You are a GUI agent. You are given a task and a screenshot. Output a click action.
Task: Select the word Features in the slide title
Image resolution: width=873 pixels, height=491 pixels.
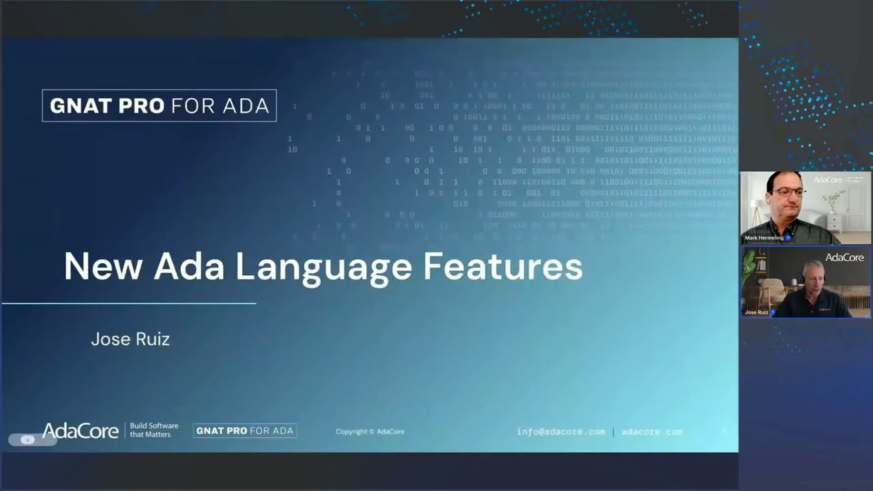tap(503, 267)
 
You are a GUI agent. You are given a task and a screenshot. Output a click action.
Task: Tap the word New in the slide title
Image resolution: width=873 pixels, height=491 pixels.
tap(103, 267)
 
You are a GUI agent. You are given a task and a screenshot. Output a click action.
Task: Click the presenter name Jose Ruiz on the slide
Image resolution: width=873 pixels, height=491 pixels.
tap(130, 339)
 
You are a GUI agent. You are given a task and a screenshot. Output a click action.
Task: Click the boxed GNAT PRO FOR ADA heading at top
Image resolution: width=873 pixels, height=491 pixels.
tap(159, 106)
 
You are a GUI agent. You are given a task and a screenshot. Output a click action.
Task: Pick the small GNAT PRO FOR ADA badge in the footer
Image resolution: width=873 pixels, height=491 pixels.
tap(245, 430)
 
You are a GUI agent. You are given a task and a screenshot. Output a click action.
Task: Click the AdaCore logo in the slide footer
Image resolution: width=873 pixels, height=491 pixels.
tap(80, 430)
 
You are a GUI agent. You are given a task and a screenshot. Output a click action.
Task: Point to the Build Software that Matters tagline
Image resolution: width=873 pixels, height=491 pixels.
tap(154, 430)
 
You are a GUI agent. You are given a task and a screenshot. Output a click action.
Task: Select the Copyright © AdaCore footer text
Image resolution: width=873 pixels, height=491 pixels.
tap(370, 432)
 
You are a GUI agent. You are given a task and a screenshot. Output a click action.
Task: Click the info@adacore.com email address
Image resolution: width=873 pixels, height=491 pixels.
tap(561, 432)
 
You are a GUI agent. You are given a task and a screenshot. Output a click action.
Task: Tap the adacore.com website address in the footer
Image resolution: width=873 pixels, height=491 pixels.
tap(651, 432)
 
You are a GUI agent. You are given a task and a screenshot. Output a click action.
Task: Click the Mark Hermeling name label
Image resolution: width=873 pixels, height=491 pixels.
tap(764, 238)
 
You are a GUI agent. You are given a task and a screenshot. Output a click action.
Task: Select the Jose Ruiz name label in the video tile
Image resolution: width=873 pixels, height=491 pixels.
tap(756, 312)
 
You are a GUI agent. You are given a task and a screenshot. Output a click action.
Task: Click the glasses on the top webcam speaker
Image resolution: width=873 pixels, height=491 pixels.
tap(789, 193)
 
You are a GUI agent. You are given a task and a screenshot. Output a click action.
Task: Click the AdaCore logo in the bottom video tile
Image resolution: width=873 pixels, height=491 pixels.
tap(844, 257)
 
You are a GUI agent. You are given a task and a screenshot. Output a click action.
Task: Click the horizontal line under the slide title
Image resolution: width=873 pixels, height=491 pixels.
tap(129, 303)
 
